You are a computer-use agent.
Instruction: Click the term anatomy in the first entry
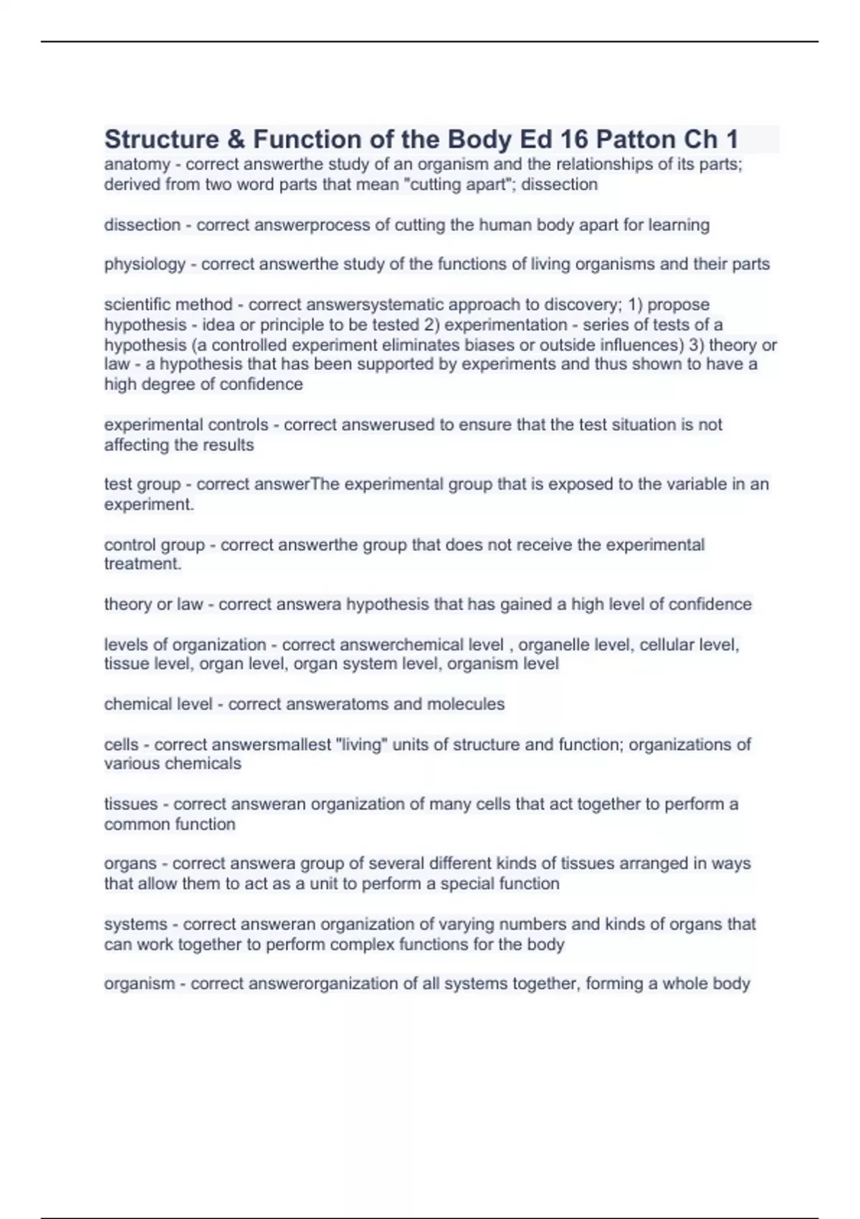(x=137, y=164)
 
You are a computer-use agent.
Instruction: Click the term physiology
(x=145, y=265)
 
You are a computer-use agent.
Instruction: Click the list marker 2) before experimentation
(x=431, y=325)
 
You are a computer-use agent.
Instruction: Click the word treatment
(x=142, y=564)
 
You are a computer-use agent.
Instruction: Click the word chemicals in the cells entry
(x=206, y=764)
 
